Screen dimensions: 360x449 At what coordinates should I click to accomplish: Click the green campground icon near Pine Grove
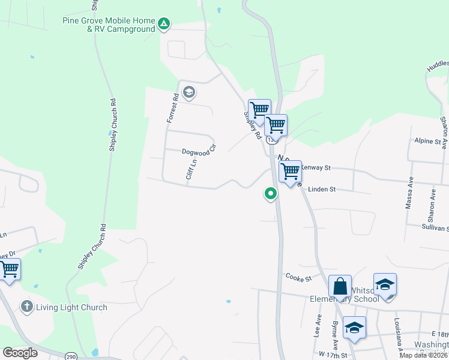(163, 25)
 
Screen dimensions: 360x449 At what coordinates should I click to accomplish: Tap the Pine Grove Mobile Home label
(108, 20)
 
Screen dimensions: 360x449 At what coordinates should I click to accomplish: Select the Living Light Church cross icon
(26, 307)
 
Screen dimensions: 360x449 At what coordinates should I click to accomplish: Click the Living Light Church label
(72, 308)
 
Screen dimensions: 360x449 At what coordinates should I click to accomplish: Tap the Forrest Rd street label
(172, 109)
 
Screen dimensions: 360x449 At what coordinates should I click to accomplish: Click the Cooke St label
(299, 278)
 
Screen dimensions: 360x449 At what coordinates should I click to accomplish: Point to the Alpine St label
(428, 141)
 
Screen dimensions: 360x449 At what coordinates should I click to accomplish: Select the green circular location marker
(271, 193)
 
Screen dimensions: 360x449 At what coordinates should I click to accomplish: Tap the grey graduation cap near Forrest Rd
(189, 92)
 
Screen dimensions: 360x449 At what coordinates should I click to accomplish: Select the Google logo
(20, 353)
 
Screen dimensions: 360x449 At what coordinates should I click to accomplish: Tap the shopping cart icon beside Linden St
(290, 172)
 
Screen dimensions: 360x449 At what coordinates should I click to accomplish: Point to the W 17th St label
(334, 355)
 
